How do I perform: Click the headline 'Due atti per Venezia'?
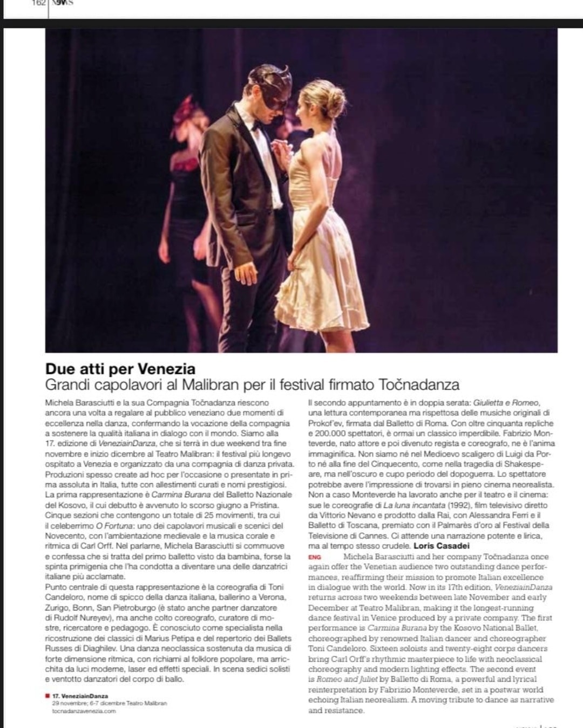(x=120, y=369)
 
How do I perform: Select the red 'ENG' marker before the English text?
(x=314, y=557)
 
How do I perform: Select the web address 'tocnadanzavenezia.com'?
(x=84, y=711)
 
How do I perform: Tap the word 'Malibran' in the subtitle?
(x=211, y=385)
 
